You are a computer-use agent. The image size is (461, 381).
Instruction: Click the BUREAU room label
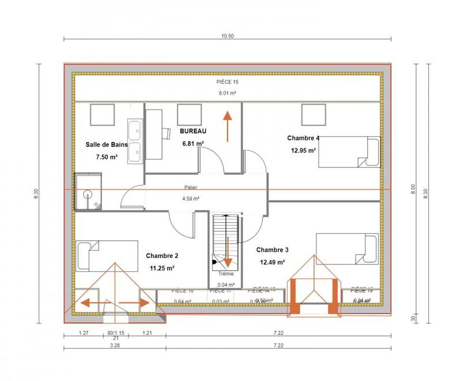coord(193,132)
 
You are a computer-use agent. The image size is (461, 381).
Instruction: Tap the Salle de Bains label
coord(105,145)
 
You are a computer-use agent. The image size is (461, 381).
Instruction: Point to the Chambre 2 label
coord(162,256)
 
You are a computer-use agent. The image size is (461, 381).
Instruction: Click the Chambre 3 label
coord(273,250)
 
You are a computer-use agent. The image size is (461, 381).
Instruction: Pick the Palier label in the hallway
coord(191,188)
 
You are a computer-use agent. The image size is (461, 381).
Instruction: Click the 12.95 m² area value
coord(304,150)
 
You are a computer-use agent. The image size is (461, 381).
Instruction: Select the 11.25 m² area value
coord(162,268)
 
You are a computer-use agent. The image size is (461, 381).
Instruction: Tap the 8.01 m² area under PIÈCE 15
coord(227,92)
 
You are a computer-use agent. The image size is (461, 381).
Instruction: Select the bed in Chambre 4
coord(349,153)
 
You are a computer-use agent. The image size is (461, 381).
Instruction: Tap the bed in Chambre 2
coord(108,256)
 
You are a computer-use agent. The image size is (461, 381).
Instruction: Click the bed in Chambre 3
coord(346,249)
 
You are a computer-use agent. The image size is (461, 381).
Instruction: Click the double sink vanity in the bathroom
coord(135,141)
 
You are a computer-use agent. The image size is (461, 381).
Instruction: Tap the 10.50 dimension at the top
coord(227,36)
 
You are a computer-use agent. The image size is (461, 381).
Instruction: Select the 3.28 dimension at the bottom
coord(115,346)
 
